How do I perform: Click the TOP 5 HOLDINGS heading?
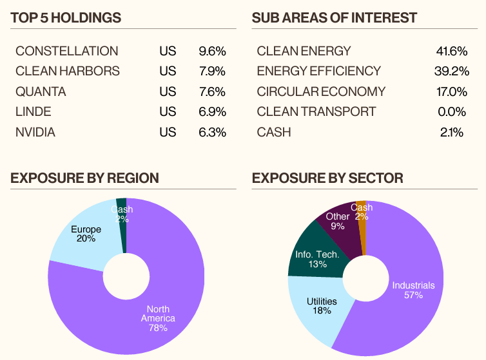tap(66, 18)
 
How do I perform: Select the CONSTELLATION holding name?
tap(67, 51)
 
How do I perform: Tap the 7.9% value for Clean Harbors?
tap(212, 71)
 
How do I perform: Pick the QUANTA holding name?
tap(41, 91)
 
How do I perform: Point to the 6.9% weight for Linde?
tap(212, 112)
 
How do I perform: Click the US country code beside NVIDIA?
tap(168, 133)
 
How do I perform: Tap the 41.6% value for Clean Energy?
tap(452, 51)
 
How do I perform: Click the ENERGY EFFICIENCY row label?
tap(318, 71)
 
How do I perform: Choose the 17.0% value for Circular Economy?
tap(452, 91)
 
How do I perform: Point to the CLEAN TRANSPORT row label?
tap(316, 112)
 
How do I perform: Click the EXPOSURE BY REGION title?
tap(84, 178)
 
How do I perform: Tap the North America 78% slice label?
tap(157, 319)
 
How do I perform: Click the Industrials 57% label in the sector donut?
tap(413, 290)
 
